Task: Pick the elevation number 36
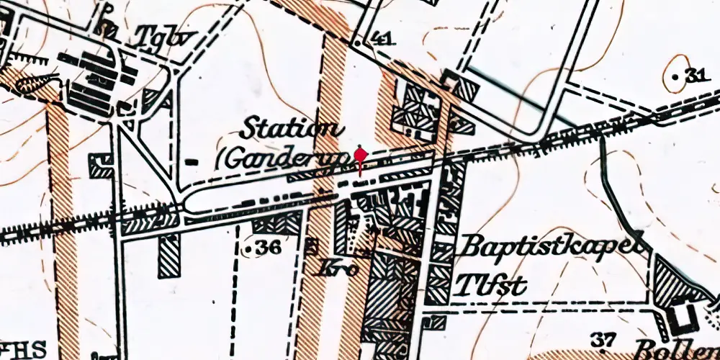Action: tap(268, 248)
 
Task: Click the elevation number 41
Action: tap(384, 40)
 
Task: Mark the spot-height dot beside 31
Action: tap(675, 76)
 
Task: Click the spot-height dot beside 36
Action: tap(248, 249)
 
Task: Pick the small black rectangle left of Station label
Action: tap(191, 161)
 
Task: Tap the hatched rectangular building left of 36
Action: tap(170, 256)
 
